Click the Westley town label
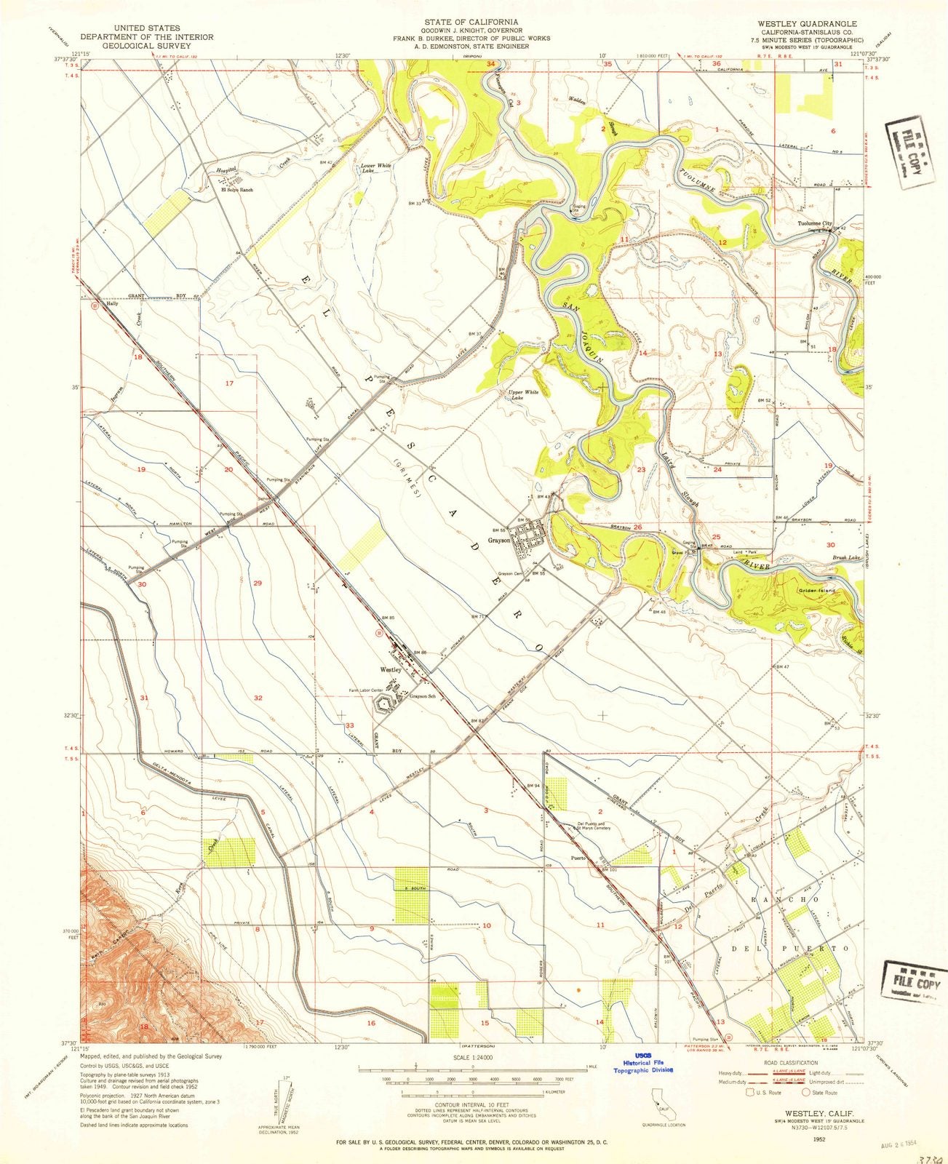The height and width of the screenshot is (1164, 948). [x=390, y=670]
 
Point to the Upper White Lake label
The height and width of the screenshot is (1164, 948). [x=523, y=396]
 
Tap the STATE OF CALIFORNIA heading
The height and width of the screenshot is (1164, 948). [x=473, y=22]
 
